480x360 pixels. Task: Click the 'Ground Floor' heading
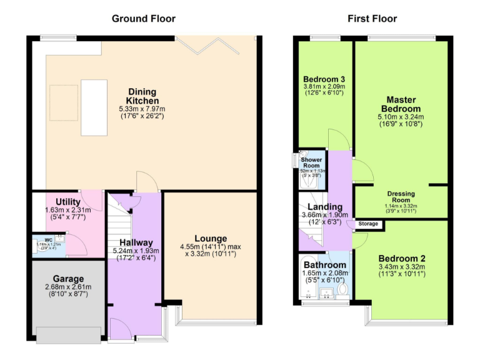point(144,19)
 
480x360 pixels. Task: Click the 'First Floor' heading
point(372,19)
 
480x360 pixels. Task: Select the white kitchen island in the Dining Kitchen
point(94,107)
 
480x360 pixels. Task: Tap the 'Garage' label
point(68,279)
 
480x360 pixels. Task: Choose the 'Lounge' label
point(211,238)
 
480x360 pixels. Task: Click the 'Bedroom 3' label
point(324,79)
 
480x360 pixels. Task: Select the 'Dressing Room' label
point(401,197)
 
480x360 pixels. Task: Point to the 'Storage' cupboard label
point(368,224)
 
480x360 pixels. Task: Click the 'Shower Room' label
point(311,162)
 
